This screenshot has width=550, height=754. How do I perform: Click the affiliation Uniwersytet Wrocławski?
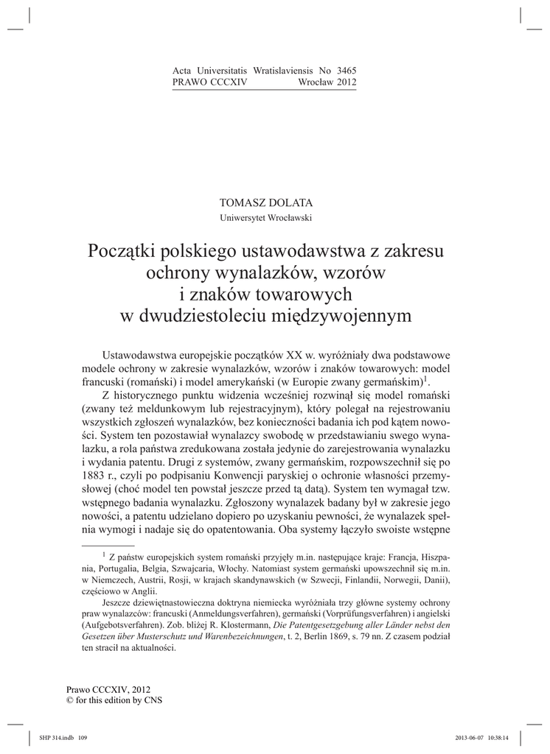[x=266, y=218]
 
